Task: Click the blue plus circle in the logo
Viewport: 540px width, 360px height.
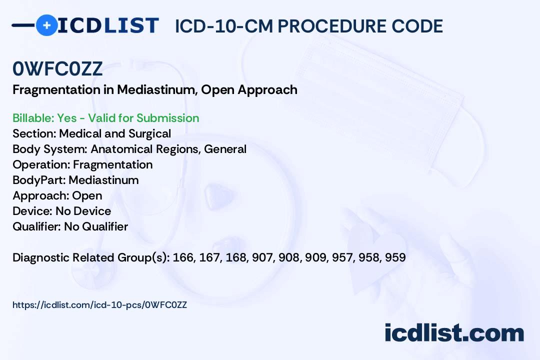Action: [46, 25]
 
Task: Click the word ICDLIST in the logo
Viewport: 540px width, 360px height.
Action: [108, 25]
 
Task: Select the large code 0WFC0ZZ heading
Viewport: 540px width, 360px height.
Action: [57, 68]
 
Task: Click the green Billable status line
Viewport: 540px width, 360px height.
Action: [105, 118]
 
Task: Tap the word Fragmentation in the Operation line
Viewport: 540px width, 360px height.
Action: [113, 164]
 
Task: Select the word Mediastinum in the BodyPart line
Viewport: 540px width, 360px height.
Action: [103, 180]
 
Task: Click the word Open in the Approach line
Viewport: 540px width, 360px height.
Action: [87, 195]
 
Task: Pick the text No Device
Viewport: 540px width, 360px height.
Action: [83, 211]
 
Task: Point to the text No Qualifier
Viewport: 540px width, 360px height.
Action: [96, 226]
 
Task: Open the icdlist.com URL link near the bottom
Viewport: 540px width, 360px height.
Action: [100, 305]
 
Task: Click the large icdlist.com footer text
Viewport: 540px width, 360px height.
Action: [454, 333]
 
